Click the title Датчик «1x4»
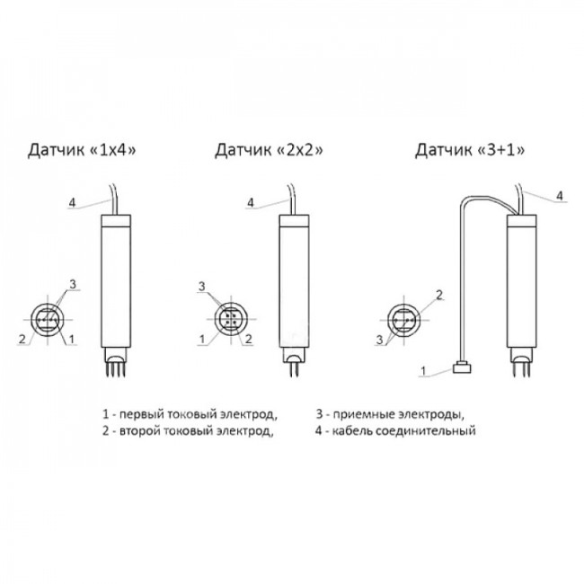coord(82,150)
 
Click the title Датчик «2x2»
coord(269,150)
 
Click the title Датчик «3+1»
coord(470,150)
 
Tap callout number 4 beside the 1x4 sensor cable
coord(72,203)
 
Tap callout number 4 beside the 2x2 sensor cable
coord(251,203)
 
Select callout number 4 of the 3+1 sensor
coord(560,196)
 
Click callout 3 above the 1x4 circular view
coord(73,284)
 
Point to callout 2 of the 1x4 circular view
coord(22,340)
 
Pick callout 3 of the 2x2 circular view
coord(202,287)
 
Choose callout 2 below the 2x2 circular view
coord(248,339)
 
